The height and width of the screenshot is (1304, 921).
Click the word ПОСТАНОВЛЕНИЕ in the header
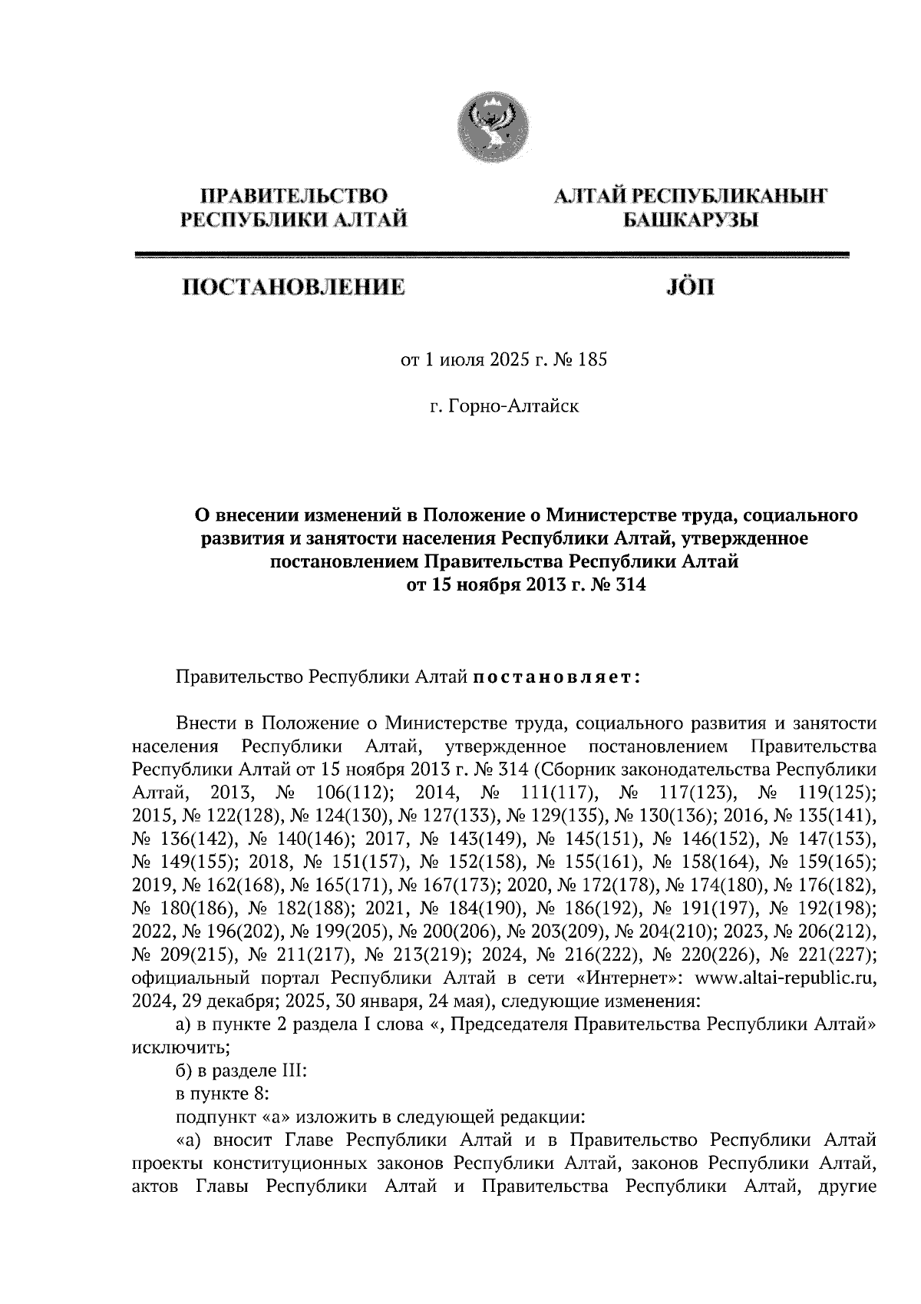pyautogui.click(x=292, y=288)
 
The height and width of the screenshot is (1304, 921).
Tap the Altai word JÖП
pyautogui.click(x=687, y=288)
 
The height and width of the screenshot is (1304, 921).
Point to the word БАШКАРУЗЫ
pyautogui.click(x=688, y=222)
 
